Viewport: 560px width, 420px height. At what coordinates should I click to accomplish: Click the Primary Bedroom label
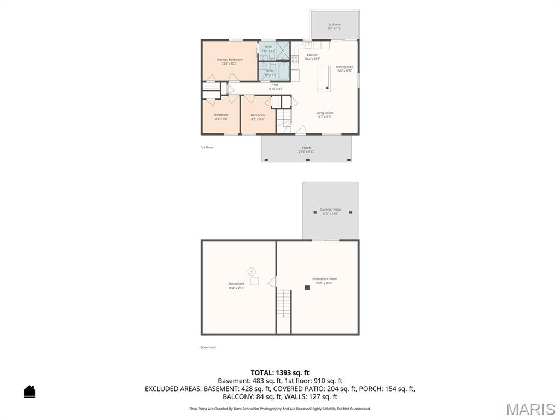point(229,59)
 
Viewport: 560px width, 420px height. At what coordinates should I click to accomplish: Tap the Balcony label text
point(334,24)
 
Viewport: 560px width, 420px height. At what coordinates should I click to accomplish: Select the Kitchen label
point(312,55)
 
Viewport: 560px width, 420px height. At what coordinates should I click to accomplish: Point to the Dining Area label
point(345,67)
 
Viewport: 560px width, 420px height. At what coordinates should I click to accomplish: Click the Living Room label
point(324,113)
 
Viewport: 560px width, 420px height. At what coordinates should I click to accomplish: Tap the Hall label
point(275,84)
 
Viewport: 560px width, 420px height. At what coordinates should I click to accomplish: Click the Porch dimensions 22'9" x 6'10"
point(306,151)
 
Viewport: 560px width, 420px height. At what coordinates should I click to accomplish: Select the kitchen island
point(323,77)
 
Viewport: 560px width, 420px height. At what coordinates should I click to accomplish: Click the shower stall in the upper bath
point(283,50)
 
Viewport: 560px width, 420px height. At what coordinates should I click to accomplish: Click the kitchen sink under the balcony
point(308,45)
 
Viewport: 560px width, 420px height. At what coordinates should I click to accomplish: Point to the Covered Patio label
point(330,209)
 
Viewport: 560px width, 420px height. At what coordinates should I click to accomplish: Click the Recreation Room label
point(324,279)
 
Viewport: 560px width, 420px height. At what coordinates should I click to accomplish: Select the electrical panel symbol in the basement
point(252,271)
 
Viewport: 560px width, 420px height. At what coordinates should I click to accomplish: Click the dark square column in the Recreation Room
point(307,287)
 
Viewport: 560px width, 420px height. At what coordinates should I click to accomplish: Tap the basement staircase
point(283,304)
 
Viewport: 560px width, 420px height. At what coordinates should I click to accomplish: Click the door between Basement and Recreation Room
point(272,281)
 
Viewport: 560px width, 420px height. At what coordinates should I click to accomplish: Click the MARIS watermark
point(530,409)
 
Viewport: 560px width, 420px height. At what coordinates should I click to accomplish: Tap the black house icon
point(30,392)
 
